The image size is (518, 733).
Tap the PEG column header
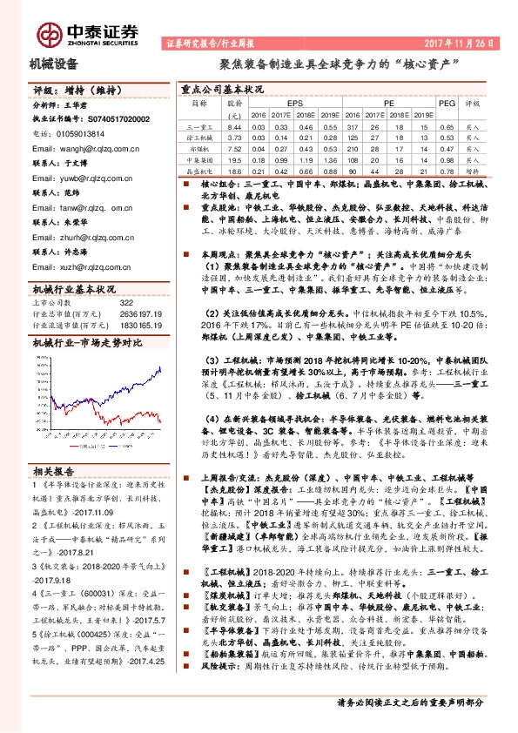[447, 103]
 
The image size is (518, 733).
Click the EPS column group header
[282, 103]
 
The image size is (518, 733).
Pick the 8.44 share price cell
[232, 127]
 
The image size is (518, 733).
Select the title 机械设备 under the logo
[54, 63]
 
